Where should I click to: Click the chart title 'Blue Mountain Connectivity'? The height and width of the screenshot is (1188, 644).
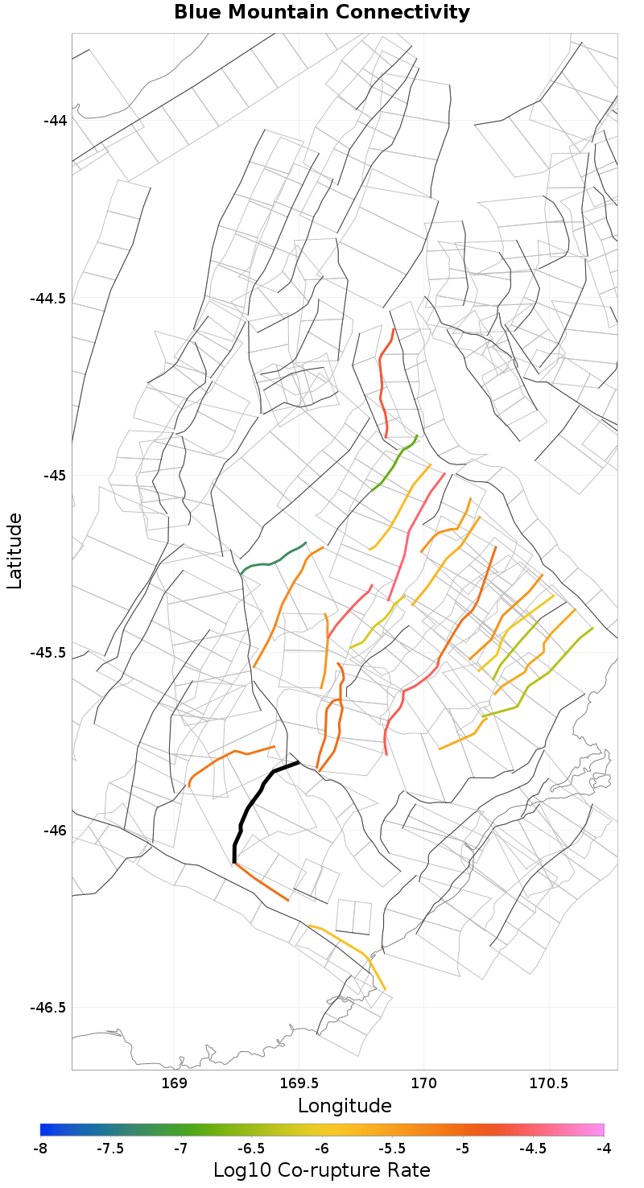[x=322, y=12]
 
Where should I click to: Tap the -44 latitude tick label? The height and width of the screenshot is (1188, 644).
[x=55, y=120]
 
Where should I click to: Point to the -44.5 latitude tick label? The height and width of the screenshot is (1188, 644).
[x=48, y=298]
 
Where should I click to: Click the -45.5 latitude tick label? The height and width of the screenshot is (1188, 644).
[x=48, y=653]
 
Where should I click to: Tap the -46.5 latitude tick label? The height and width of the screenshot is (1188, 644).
[x=48, y=1007]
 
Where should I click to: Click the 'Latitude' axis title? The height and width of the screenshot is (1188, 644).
[x=15, y=552]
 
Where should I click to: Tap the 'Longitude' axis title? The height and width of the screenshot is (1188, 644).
[x=345, y=1105]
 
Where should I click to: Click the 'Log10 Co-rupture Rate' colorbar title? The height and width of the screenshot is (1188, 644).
[x=322, y=1169]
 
